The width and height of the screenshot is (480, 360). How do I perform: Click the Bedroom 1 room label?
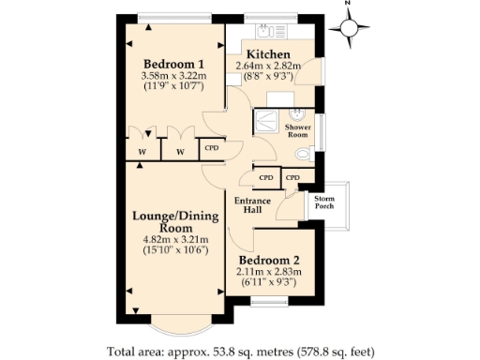pos(173,64)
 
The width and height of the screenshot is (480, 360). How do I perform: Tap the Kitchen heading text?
pos(268,54)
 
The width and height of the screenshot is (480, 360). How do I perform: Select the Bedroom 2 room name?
pos(269,260)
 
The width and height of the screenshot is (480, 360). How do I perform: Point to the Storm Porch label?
pos(324,202)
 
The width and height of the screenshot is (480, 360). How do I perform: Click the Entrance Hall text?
pos(252,205)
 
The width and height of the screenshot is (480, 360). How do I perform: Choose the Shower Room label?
pos(298,131)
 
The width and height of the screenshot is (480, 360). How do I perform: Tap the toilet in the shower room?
pos(305,154)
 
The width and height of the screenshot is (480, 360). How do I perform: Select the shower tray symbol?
pos(266,121)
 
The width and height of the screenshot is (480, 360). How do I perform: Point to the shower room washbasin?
pos(297,114)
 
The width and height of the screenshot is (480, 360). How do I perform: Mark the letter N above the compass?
pos(348,3)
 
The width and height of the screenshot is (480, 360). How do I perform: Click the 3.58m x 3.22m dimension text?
pos(173,76)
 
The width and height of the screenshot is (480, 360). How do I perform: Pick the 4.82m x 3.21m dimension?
pos(175,240)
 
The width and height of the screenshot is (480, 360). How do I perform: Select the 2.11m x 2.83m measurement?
pos(269,272)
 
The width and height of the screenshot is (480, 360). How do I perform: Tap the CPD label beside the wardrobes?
pos(212,148)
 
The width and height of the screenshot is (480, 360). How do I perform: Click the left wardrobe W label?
pos(142,152)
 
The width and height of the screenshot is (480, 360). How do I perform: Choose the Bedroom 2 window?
pos(269,301)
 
